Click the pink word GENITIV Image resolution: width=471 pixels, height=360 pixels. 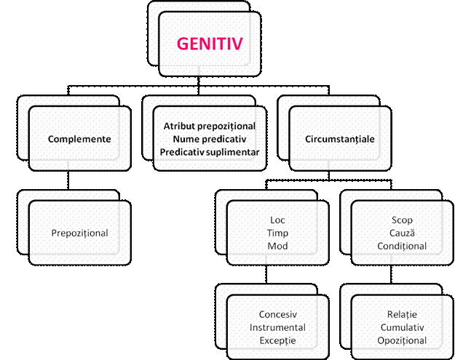(x=210, y=44)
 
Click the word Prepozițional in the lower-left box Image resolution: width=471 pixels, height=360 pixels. (x=79, y=233)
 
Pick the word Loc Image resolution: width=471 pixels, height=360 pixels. (x=277, y=220)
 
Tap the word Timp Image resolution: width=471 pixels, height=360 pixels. (x=277, y=233)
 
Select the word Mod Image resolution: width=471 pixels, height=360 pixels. (x=277, y=246)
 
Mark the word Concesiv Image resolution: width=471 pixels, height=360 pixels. (x=277, y=315)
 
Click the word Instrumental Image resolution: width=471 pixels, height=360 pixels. (x=277, y=327)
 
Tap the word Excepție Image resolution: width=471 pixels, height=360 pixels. (x=277, y=340)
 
